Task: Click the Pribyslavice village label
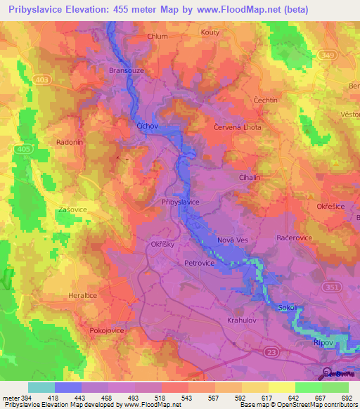181,202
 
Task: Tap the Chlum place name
158,37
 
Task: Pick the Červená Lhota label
237,127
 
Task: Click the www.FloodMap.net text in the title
245,11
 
